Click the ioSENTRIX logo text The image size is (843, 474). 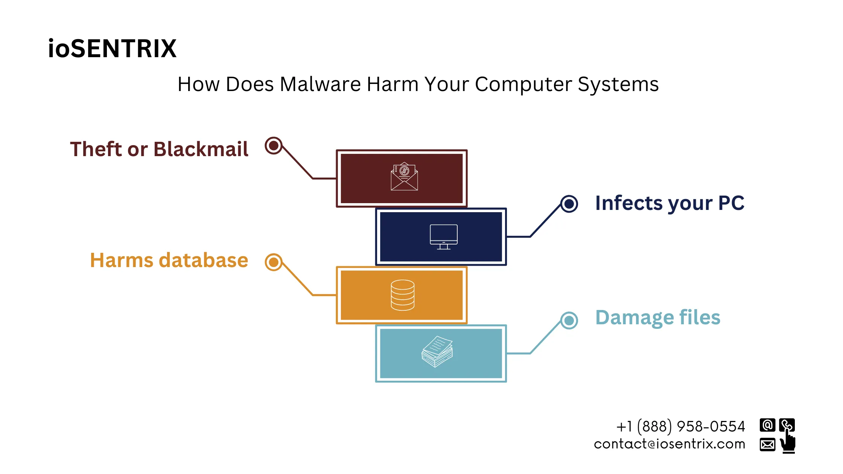pos(112,49)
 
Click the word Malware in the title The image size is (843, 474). pos(320,84)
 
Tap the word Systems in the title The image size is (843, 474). pos(618,84)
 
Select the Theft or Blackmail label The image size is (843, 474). pos(159,149)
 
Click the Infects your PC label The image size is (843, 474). pos(670,203)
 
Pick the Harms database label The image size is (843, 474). pos(169,260)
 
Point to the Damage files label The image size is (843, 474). pos(657,318)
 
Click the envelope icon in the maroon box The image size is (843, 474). pos(404,176)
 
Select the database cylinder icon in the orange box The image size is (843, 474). pos(402,295)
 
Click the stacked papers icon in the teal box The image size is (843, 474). pos(437,352)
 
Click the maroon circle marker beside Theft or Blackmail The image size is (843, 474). pos(274,145)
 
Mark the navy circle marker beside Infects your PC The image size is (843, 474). pos(569,204)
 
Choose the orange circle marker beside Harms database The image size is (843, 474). pos(274,262)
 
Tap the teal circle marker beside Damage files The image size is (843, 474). pos(569,320)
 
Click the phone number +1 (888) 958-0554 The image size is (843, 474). pos(680,427)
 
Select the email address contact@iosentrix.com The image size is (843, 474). pos(670,444)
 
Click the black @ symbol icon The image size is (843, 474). pos(767,425)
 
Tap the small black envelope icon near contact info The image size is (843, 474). pos(767,445)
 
